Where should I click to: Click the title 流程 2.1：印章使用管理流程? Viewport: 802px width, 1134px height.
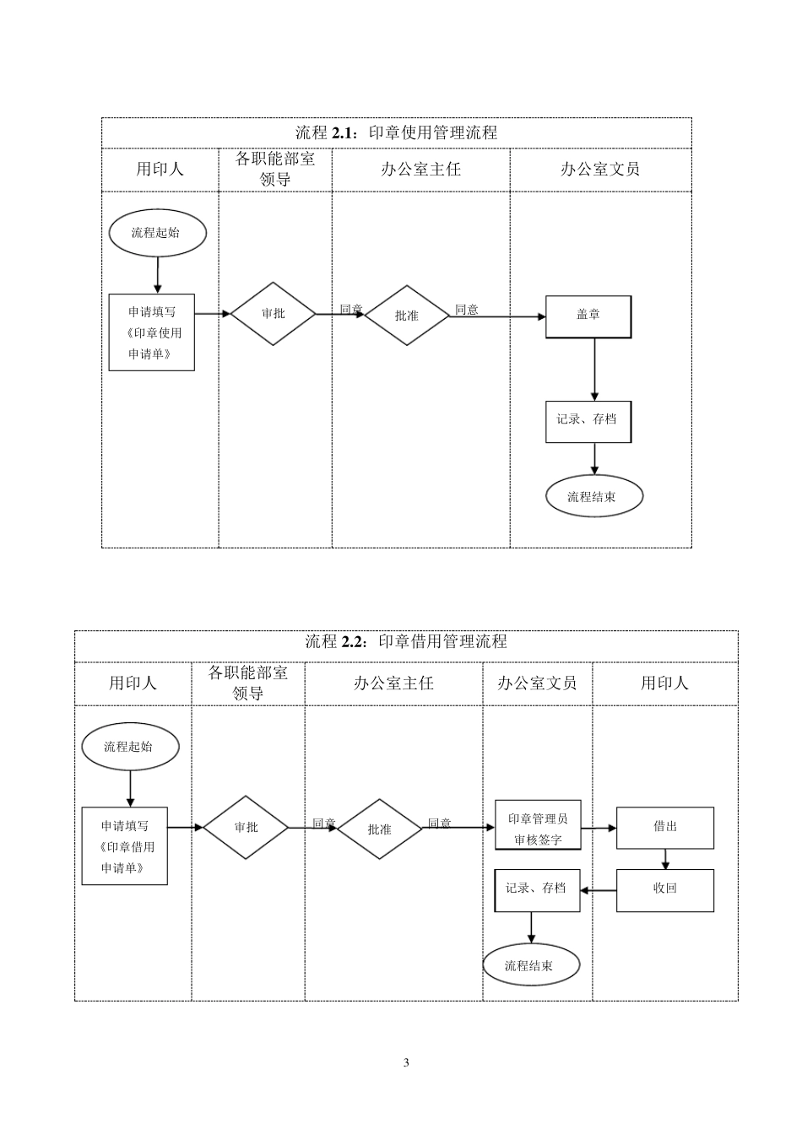396,133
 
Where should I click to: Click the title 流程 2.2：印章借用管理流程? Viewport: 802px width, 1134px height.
405,642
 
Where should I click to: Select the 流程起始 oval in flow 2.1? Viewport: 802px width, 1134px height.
157,233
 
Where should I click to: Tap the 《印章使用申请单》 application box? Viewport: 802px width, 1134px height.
152,332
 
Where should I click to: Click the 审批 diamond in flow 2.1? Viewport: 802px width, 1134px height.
274,314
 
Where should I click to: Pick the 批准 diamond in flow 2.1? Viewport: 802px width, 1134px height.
407,316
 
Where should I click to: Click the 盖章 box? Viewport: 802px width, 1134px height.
588,316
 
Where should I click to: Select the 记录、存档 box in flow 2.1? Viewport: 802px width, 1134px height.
588,422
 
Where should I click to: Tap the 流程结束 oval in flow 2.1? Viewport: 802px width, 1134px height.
593,497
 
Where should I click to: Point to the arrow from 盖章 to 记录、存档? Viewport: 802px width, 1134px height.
594,370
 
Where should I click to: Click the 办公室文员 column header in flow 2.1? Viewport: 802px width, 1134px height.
600,170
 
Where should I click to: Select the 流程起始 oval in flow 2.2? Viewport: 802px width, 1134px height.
130,747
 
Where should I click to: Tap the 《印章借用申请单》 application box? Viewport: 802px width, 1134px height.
125,846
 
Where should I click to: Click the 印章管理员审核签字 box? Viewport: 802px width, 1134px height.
538,829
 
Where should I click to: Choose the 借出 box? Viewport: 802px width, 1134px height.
665,828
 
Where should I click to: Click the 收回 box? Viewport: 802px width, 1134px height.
665,890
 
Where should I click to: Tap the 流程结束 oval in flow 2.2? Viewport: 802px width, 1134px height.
531,966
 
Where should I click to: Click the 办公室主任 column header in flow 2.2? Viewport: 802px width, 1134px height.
393,683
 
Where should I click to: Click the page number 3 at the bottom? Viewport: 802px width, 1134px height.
406,1062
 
